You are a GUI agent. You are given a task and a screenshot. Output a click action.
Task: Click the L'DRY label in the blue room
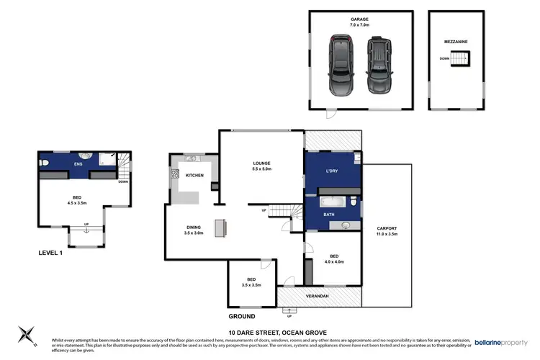click(x=333, y=171)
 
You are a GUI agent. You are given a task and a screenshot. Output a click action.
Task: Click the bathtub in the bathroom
click(x=331, y=202)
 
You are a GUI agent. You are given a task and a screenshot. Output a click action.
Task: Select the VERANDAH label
click(x=318, y=296)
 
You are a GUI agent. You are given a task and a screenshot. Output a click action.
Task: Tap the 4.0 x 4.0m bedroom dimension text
click(x=333, y=261)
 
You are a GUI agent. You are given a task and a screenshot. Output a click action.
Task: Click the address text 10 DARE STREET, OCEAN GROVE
click(x=271, y=331)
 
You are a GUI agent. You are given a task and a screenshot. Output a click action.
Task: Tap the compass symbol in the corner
click(x=25, y=336)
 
